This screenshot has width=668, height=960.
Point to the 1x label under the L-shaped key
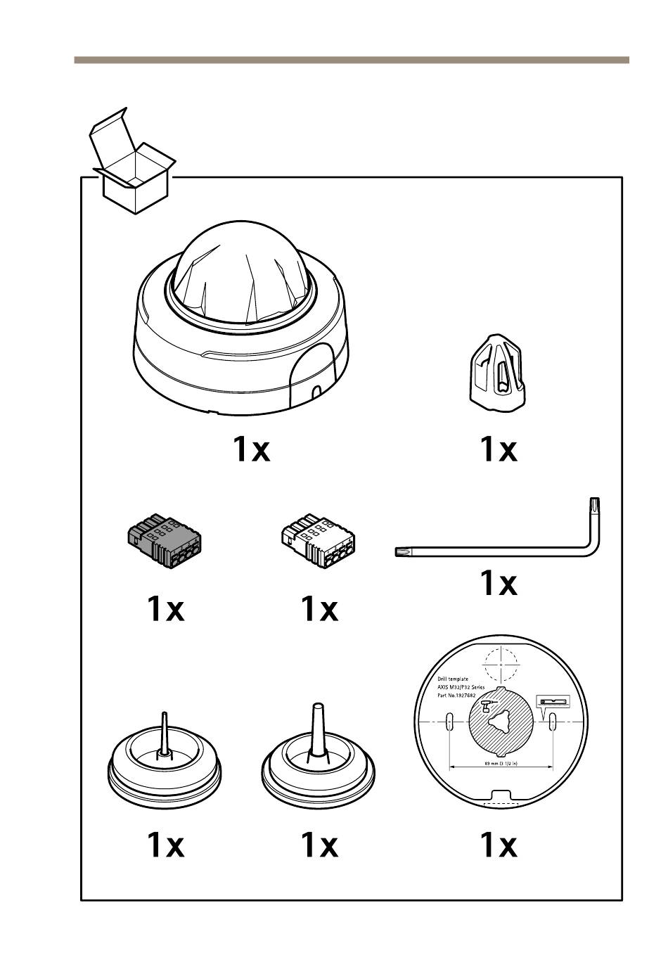click(498, 583)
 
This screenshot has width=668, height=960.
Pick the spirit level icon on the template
click(552, 702)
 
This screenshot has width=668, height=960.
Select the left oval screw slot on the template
click(449, 719)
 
